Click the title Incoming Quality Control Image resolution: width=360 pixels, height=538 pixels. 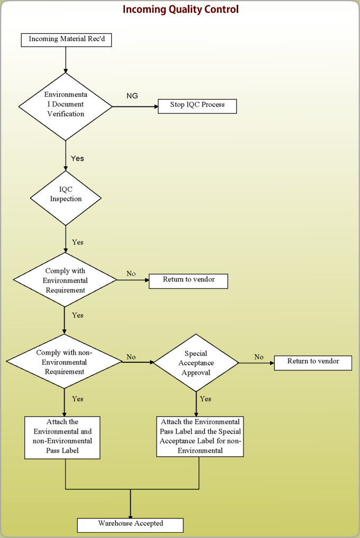pos(181,9)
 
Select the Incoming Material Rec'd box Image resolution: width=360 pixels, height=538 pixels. pos(66,40)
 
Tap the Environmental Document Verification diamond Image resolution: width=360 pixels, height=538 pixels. pos(66,107)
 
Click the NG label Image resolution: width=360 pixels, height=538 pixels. pos(132,96)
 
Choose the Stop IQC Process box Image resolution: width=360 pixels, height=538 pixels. pos(197,106)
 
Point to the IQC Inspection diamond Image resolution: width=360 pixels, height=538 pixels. pos(66,198)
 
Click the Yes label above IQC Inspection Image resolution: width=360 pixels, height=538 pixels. pos(77,158)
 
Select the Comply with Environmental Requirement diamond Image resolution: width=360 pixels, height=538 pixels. pos(65,280)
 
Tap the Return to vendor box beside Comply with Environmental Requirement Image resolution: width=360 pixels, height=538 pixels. pos(188,281)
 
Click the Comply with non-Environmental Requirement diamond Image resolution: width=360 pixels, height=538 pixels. pos(64,361)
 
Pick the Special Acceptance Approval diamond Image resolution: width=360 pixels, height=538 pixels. pos(196,363)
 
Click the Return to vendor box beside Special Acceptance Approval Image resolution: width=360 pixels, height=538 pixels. pos(313,363)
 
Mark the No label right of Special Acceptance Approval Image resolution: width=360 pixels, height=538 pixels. pos(259,357)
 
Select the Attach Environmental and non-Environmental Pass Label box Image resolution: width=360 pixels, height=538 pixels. pos(62,437)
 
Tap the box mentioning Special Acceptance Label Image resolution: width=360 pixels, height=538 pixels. pos(200,436)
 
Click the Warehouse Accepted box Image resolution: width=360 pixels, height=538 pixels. pos(130,525)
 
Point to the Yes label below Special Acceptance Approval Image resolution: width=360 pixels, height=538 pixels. pos(205,399)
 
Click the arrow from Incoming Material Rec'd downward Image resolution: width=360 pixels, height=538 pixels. pos(66,60)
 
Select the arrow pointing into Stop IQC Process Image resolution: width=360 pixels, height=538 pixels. pos(135,107)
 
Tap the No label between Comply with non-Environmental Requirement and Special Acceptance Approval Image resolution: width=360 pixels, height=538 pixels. pos(131,357)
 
